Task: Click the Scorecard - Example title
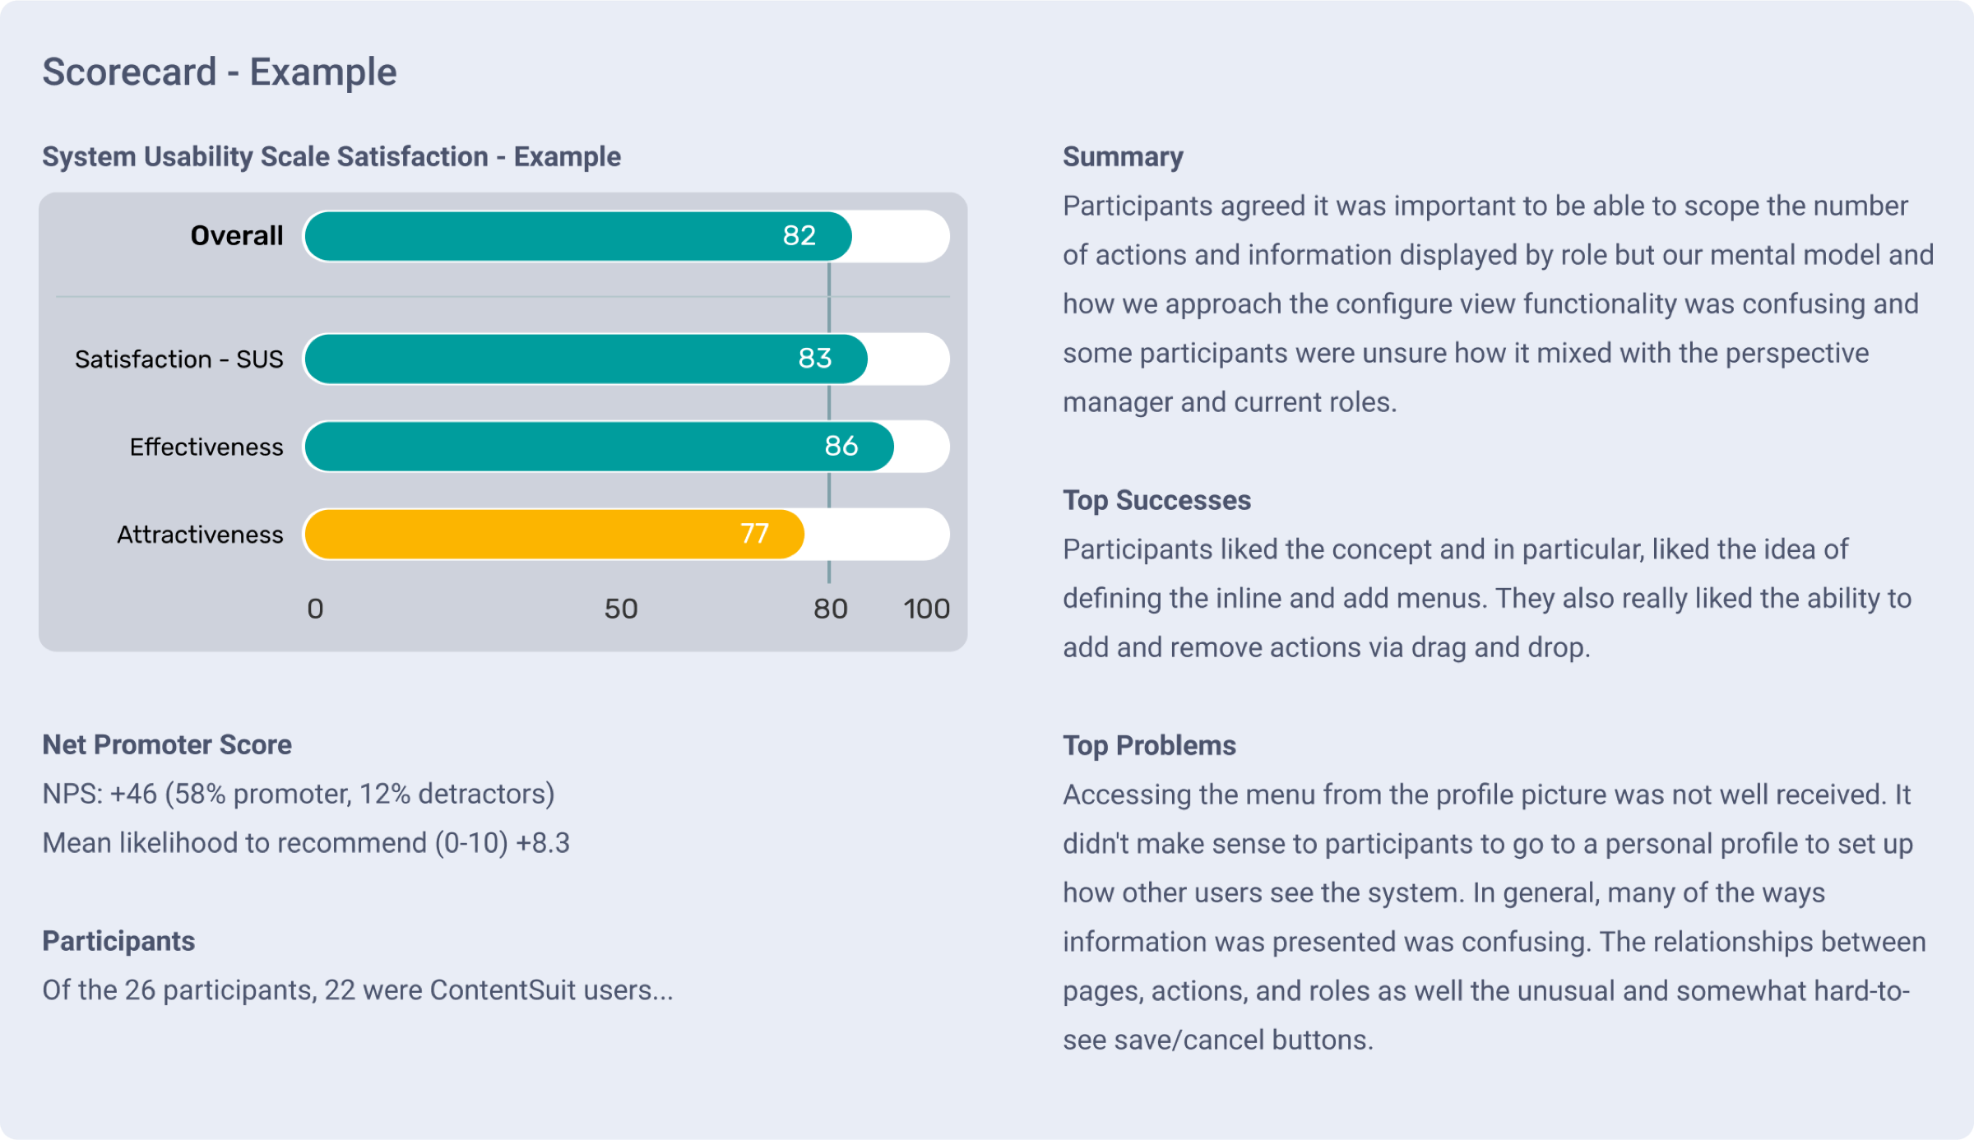point(220,72)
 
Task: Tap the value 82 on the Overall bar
point(799,236)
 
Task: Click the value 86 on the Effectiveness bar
point(841,447)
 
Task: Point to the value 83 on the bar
point(814,359)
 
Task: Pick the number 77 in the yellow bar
point(754,535)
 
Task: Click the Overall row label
point(237,236)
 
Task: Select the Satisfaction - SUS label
point(178,359)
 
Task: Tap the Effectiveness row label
point(206,447)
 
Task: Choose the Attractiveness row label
point(200,535)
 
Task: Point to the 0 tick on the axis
point(315,609)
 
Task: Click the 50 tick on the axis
point(621,609)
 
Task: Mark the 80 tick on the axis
point(830,609)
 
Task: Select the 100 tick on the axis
point(926,609)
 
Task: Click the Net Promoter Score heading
point(167,745)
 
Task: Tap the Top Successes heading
point(1156,501)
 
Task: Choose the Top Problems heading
point(1149,746)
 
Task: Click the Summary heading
point(1123,157)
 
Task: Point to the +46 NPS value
point(133,795)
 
